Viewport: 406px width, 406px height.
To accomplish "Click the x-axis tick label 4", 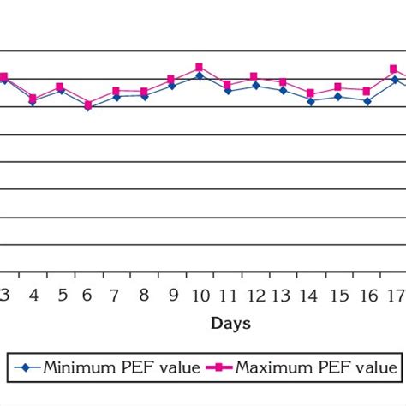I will (33, 296).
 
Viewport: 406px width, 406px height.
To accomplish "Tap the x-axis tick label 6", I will (88, 296).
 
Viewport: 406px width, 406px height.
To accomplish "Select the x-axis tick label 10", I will (200, 296).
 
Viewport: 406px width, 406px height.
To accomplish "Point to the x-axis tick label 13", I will (283, 296).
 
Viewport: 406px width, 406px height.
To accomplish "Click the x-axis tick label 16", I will (367, 296).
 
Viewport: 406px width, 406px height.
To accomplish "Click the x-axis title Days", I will (230, 324).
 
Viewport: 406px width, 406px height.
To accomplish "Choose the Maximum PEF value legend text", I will (316, 368).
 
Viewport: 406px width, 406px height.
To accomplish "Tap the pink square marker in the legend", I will (220, 368).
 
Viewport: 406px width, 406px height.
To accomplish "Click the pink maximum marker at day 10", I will (199, 67).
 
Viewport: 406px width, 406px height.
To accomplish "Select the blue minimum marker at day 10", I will (199, 75).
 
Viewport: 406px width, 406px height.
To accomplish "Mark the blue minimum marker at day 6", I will (87, 108).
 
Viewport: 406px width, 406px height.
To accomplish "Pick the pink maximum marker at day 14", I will (310, 93).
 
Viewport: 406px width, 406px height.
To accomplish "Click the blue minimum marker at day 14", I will (310, 101).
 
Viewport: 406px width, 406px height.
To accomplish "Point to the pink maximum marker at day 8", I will (144, 91).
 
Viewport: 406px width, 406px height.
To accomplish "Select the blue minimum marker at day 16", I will (367, 101).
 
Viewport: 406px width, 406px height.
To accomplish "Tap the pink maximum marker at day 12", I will (254, 76).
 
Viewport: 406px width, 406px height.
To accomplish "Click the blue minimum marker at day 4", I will (33, 102).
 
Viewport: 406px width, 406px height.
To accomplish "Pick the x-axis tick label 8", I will (144, 296).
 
